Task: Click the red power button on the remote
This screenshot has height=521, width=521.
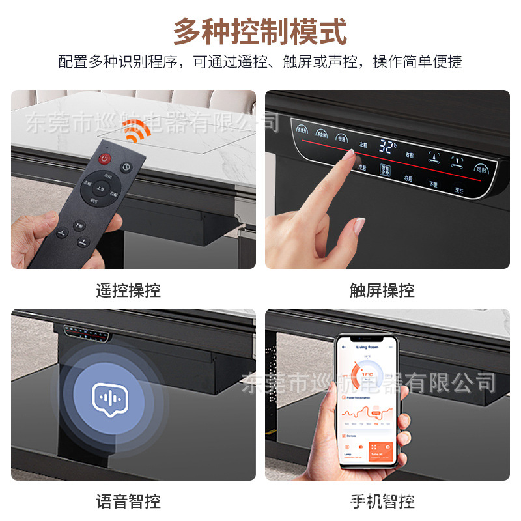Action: coord(104,159)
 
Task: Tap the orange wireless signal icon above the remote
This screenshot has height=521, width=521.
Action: coord(135,134)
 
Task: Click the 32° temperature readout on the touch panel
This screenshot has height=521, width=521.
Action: coord(388,147)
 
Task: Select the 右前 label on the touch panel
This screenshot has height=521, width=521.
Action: coord(410,154)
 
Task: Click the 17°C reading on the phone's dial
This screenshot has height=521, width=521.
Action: coord(368,375)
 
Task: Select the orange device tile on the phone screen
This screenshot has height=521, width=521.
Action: coord(379,451)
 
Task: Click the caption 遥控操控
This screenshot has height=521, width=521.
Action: coord(128,290)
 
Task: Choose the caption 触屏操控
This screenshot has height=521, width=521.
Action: coord(382,290)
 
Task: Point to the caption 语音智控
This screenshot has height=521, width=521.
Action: coord(128,501)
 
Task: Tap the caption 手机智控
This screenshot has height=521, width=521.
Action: coord(382,501)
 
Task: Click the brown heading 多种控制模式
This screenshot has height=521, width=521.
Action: coord(260,31)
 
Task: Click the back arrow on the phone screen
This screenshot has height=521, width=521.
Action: coord(345,348)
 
